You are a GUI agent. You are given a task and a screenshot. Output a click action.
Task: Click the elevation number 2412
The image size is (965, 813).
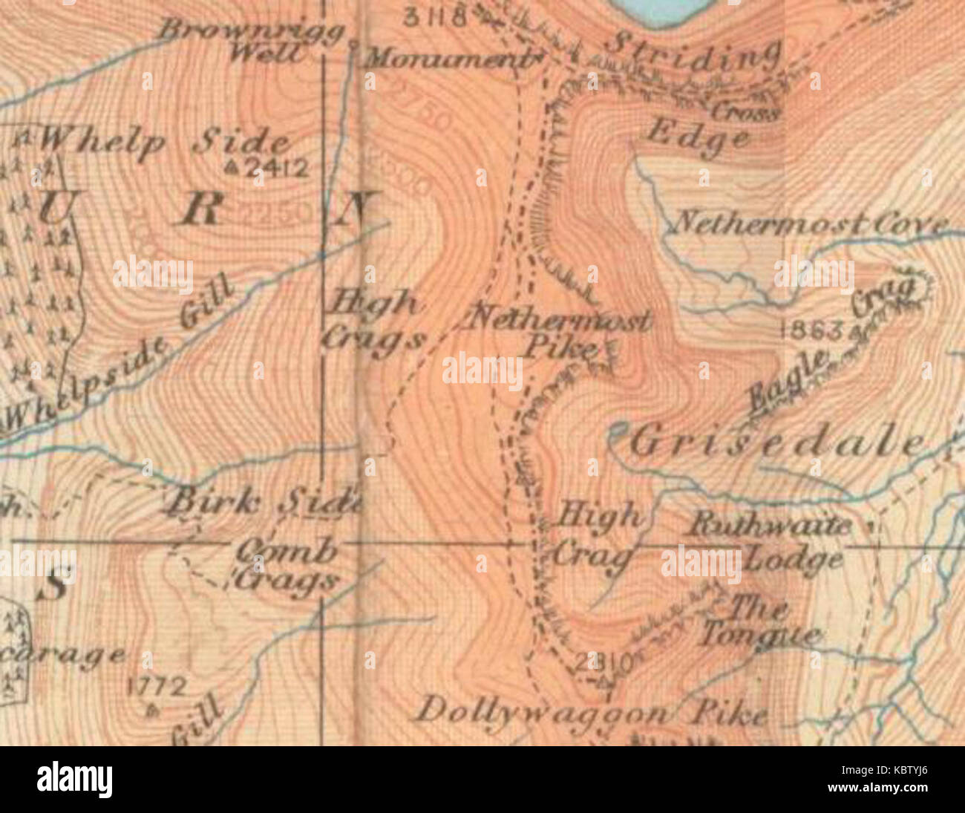click(x=277, y=170)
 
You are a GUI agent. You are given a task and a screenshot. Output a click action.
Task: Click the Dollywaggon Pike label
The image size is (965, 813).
click(x=590, y=714)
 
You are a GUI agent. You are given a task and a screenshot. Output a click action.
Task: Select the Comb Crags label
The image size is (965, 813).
click(x=286, y=564)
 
